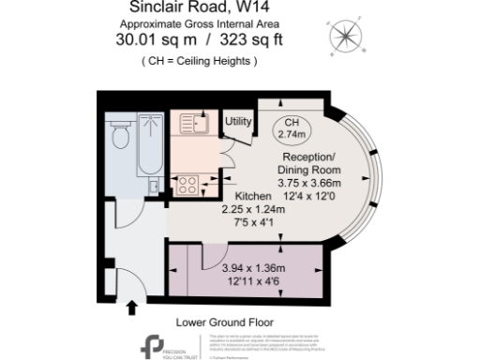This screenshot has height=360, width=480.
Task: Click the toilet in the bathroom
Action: click(x=119, y=138)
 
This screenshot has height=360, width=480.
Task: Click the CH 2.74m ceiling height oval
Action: click(x=293, y=129)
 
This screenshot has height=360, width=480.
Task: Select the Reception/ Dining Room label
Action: click(x=311, y=163)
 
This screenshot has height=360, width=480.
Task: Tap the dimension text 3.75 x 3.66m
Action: click(x=312, y=183)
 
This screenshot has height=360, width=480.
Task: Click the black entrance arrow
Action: click(x=131, y=306)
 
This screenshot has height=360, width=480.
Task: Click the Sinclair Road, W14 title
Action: click(x=217, y=7)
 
